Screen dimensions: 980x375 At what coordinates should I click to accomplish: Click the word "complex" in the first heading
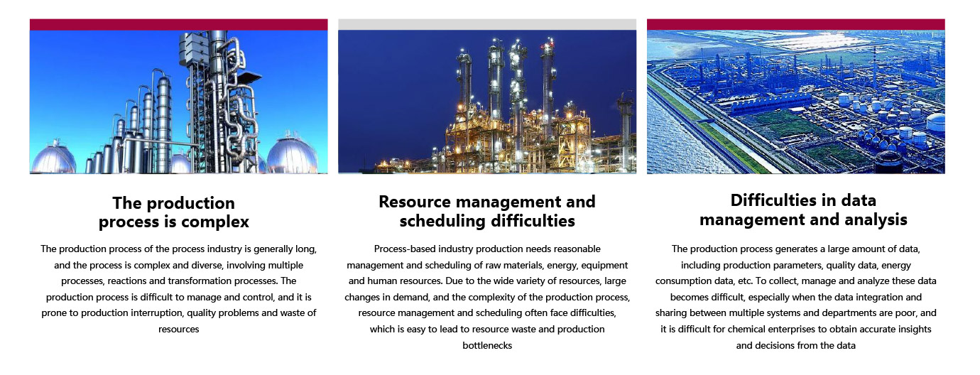(x=214, y=222)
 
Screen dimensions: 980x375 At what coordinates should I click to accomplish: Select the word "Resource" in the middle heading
(x=414, y=202)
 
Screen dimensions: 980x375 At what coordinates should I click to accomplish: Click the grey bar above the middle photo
(x=487, y=25)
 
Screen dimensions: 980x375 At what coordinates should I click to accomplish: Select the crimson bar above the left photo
(x=178, y=25)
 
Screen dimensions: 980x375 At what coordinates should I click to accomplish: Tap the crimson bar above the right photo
(x=796, y=25)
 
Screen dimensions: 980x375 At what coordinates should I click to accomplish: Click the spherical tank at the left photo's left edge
(x=53, y=158)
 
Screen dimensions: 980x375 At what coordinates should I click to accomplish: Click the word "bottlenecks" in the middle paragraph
(x=487, y=345)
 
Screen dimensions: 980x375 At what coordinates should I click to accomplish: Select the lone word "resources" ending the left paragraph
(x=178, y=330)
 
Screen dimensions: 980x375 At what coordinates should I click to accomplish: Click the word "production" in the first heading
(x=191, y=203)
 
